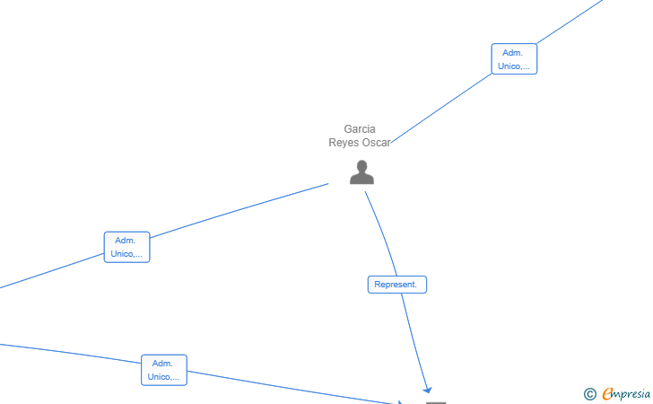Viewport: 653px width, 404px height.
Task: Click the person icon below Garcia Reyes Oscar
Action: pos(361,171)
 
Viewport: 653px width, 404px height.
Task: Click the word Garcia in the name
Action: pos(360,128)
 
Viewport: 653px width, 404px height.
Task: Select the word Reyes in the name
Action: pos(343,143)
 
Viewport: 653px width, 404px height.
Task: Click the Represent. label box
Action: pos(396,285)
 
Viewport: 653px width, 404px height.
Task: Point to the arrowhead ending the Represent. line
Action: pos(427,390)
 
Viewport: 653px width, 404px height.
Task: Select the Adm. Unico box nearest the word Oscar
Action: pos(514,58)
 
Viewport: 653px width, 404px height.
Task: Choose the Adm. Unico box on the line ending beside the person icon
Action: pos(126,247)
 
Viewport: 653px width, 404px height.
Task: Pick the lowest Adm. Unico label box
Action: pos(163,370)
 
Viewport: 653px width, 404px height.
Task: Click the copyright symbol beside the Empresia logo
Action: pos(589,394)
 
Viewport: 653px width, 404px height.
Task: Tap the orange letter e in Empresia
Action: pos(607,393)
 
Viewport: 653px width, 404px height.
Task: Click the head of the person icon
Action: pos(361,166)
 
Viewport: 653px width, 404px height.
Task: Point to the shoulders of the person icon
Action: pos(361,180)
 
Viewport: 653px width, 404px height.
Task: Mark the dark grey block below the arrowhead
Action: pos(436,403)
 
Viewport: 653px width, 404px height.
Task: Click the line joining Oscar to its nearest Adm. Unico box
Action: pos(441,109)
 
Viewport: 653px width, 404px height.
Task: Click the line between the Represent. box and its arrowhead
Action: pos(414,342)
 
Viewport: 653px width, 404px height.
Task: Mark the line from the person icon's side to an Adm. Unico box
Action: pos(239,211)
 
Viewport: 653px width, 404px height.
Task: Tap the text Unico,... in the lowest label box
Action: pos(163,376)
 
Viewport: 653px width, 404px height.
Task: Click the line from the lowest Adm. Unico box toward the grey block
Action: pos(292,388)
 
